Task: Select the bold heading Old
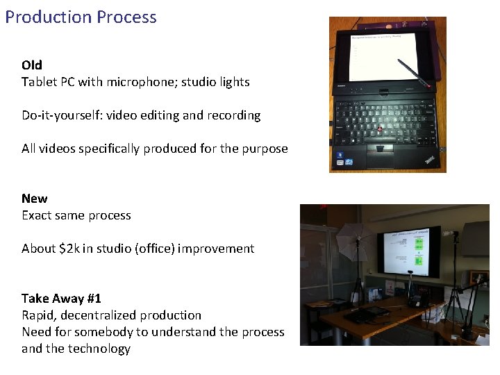pos(32,65)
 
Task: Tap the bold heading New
pos(35,199)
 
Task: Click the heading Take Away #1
pos(61,299)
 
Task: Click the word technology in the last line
pos(99,349)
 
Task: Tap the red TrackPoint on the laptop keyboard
pos(381,130)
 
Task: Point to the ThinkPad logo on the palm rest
pos(431,160)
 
